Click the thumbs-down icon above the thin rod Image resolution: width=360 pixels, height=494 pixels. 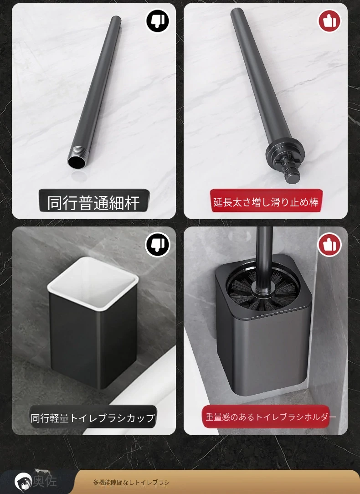pyautogui.click(x=158, y=21)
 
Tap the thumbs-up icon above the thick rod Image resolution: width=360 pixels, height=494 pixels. pyautogui.click(x=329, y=21)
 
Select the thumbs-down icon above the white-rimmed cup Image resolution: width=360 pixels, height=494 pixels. pyautogui.click(x=158, y=244)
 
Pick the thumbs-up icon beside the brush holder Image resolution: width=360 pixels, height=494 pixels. pyautogui.click(x=329, y=244)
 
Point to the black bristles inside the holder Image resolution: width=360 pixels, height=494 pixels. pyautogui.click(x=264, y=288)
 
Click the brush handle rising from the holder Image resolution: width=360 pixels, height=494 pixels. pyautogui.click(x=264, y=259)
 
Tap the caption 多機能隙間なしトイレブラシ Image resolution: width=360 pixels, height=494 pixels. pyautogui.click(x=131, y=482)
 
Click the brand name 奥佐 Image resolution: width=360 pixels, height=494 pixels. pyautogui.click(x=45, y=481)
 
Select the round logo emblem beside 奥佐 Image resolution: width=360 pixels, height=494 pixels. pyautogui.click(x=23, y=482)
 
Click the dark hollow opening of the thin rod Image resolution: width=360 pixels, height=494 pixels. pyautogui.click(x=76, y=162)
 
